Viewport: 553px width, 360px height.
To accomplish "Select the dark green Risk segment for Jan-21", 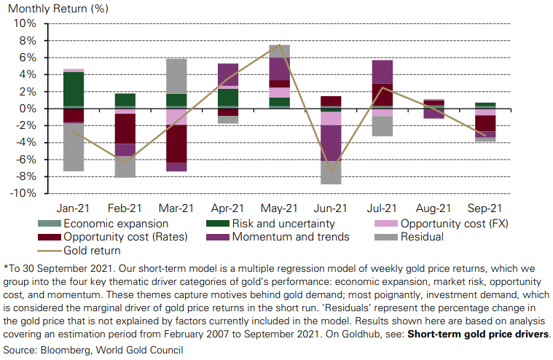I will coord(73,90).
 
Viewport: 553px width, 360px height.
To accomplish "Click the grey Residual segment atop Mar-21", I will coord(176,76).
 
